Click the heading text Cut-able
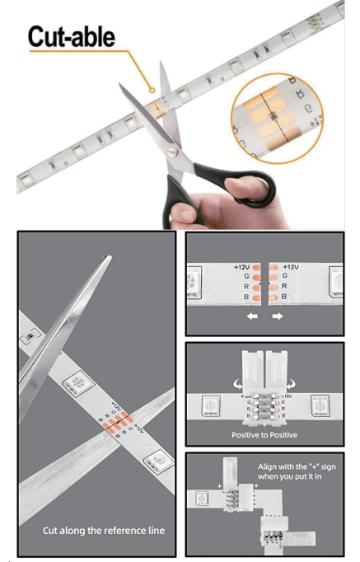72,37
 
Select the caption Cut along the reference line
103,530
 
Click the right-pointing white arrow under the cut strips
278,316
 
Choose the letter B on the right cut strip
284,296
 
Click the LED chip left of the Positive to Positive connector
204,404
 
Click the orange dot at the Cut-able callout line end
151,89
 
